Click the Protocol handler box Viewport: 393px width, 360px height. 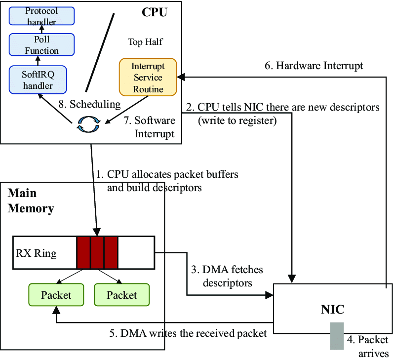tap(41, 16)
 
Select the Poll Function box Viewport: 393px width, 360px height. tap(41, 44)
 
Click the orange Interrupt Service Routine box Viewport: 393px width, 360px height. tap(147, 78)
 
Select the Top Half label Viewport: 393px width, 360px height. tap(145, 42)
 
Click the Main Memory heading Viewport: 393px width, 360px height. tap(31, 200)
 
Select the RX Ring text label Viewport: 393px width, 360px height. tap(36, 253)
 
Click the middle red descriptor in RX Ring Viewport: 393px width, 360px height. tap(97, 252)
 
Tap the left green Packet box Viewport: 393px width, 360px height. tap(56, 295)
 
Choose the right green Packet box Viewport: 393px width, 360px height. tap(121, 295)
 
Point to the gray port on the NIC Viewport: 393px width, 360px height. tap(337, 336)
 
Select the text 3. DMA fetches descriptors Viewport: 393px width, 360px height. tap(227, 276)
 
